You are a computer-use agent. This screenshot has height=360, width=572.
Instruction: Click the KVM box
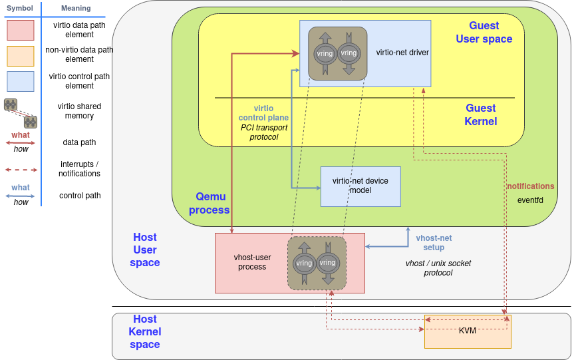(468, 331)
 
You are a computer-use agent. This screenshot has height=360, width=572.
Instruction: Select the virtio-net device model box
(360, 186)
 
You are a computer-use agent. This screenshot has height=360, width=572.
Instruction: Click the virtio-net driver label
(402, 53)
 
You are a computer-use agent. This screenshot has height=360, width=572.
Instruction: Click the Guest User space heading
(484, 32)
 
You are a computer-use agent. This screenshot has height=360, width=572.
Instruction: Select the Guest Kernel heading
(480, 114)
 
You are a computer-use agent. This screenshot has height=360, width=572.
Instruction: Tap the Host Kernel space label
(145, 331)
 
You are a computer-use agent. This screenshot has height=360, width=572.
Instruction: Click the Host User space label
(145, 250)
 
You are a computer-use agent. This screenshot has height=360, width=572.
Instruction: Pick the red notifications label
(530, 186)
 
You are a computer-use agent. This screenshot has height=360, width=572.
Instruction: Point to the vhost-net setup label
(434, 242)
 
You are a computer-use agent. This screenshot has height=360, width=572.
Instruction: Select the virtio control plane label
(263, 113)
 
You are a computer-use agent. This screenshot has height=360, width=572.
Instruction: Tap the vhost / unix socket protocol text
(438, 268)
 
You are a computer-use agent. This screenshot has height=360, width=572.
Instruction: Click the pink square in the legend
(20, 31)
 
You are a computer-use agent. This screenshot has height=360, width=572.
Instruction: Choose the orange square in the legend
(20, 56)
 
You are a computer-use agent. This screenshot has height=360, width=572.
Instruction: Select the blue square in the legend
(20, 81)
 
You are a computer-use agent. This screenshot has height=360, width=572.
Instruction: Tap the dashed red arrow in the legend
(21, 169)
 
